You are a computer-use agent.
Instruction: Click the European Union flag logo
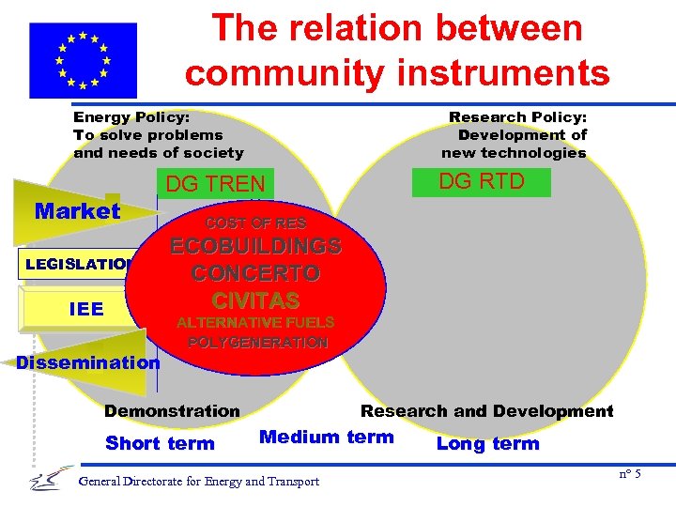pyautogui.click(x=83, y=60)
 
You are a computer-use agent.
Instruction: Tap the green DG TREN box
pyautogui.click(x=215, y=184)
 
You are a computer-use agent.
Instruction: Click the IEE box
pyautogui.click(x=86, y=309)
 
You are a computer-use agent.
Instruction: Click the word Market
pyautogui.click(x=77, y=211)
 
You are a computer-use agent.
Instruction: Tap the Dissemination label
pyautogui.click(x=89, y=362)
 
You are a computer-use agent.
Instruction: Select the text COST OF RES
pyautogui.click(x=255, y=223)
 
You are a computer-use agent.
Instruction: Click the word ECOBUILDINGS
pyautogui.click(x=255, y=248)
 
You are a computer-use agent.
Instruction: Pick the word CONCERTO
pyautogui.click(x=255, y=274)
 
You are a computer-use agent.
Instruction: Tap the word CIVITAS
pyautogui.click(x=255, y=300)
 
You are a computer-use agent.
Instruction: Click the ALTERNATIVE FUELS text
pyautogui.click(x=255, y=323)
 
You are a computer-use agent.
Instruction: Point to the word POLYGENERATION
pyautogui.click(x=258, y=343)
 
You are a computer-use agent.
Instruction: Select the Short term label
pyautogui.click(x=160, y=443)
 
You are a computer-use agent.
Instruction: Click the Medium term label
pyautogui.click(x=326, y=437)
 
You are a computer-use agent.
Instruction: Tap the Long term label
pyautogui.click(x=488, y=443)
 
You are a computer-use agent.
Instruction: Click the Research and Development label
pyautogui.click(x=486, y=411)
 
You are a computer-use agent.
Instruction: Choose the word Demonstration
pyautogui.click(x=172, y=411)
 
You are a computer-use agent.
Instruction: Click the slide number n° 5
pyautogui.click(x=630, y=474)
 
